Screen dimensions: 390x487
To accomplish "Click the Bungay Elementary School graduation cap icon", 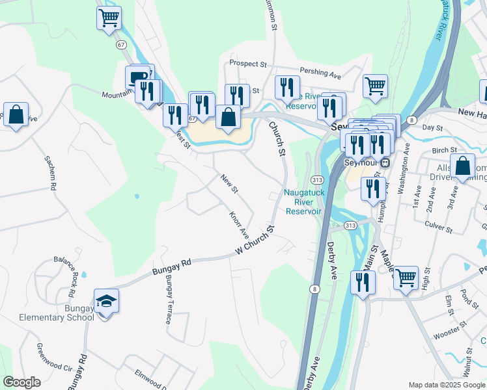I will (106, 301).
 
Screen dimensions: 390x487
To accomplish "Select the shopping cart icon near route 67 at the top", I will (109, 18).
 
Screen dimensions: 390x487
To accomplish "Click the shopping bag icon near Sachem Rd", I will (16, 114).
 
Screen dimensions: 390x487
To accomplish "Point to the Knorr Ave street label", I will (239, 223).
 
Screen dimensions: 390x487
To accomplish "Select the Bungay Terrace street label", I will (169, 300).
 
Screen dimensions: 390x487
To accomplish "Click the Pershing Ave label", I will (320, 72).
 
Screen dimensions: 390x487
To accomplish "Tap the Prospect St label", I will (248, 64).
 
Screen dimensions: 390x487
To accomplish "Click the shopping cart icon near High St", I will (406, 278).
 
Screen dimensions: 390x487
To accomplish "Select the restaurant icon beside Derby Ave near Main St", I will (362, 282).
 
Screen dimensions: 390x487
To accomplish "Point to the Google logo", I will (22, 382).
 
